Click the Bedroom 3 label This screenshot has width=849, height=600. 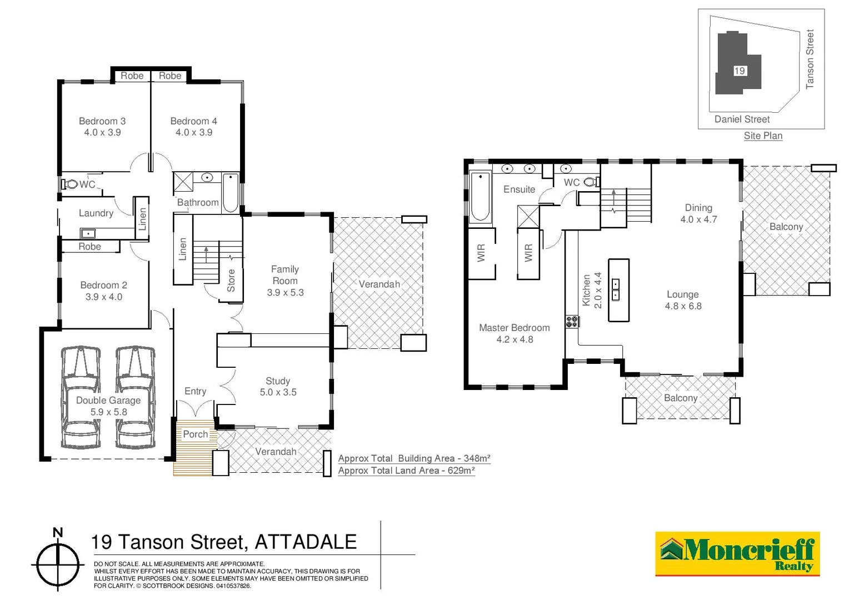coord(102,121)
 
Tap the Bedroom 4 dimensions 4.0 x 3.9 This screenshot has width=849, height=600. coord(194,133)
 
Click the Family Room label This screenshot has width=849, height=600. coord(285,275)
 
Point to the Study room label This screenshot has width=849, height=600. coord(278,381)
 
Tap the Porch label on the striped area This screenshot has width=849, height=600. coord(196,434)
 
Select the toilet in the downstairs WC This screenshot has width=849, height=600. coord(71,184)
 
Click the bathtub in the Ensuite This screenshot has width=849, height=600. coord(480,197)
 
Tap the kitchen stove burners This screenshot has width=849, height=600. coord(572,321)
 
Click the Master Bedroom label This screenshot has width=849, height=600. coord(515,328)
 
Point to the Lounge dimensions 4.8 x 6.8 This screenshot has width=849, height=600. coord(683,306)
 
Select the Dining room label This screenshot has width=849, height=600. coord(698,208)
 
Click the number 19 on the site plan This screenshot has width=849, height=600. coord(740,71)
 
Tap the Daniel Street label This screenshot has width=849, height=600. coord(742,119)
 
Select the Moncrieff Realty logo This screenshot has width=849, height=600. coord(737,554)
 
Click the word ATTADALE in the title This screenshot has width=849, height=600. coord(306,542)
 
